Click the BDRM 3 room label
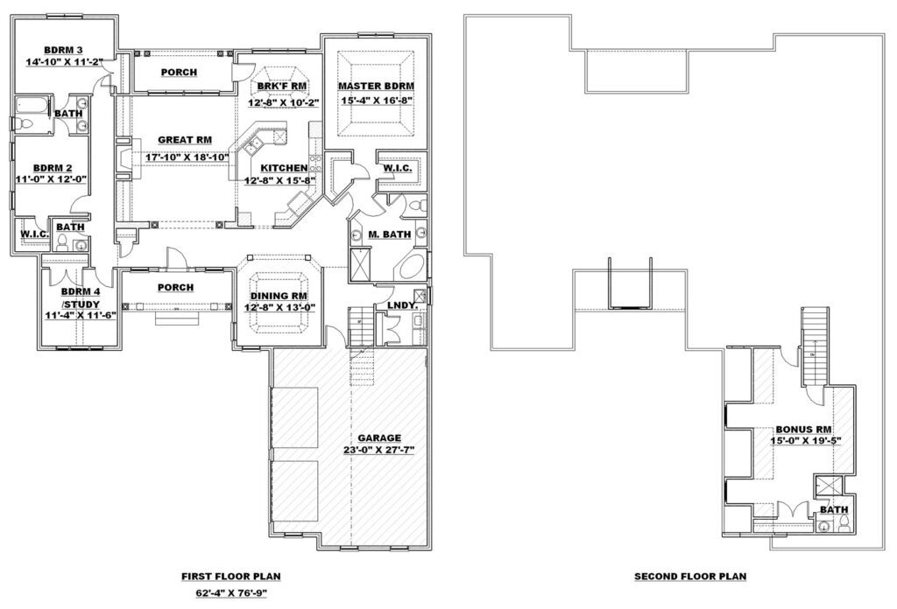63,50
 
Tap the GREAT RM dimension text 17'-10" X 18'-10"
185,156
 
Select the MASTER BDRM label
376,87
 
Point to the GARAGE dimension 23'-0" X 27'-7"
379,450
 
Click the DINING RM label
279,296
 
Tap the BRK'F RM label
281,87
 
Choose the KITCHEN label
285,168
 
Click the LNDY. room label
401,305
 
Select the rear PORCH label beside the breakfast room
179,73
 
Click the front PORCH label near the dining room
175,287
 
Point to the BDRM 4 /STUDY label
81,297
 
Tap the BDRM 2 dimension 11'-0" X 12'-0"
52,178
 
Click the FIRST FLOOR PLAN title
231,577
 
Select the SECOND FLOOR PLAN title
690,577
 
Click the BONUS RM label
804,430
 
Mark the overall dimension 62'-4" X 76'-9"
231,593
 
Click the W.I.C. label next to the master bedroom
397,169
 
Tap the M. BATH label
389,234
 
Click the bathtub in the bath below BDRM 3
32,106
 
